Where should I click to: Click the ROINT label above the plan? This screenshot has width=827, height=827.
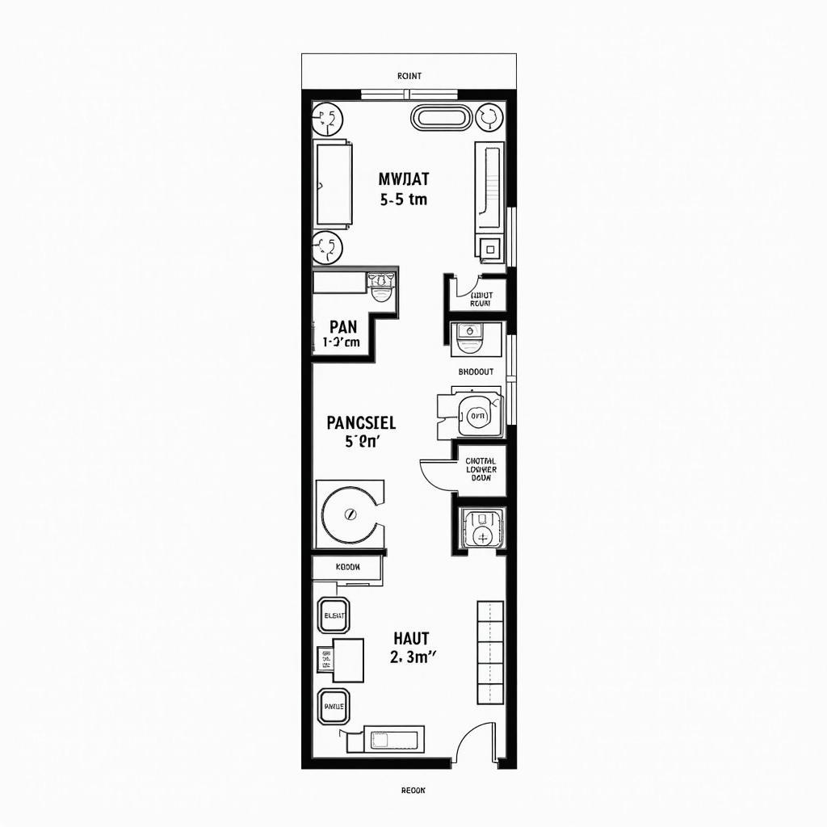[409, 76]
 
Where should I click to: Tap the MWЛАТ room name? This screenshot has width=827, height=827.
[403, 179]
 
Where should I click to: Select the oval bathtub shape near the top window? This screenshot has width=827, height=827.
[440, 118]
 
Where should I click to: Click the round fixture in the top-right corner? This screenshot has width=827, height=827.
[489, 118]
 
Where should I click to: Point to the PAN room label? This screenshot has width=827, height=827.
[342, 326]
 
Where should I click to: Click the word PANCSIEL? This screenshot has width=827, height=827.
[361, 422]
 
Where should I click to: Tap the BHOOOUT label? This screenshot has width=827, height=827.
[476, 372]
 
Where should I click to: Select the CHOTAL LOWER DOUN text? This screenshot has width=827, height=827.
[481, 469]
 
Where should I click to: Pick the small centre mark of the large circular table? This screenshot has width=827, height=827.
[350, 513]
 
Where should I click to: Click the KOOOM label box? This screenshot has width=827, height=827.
[347, 567]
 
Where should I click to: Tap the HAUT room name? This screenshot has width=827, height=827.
[412, 639]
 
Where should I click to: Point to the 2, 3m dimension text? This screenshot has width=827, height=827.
[412, 657]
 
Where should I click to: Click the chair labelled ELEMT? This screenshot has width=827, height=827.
[334, 616]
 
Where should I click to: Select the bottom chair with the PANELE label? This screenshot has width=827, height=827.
[334, 706]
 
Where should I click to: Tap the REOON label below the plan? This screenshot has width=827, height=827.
[413, 791]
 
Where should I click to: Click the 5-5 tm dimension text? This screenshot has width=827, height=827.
[403, 199]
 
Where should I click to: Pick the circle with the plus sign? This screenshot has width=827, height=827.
[483, 537]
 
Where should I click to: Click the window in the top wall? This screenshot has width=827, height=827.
[409, 94]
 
